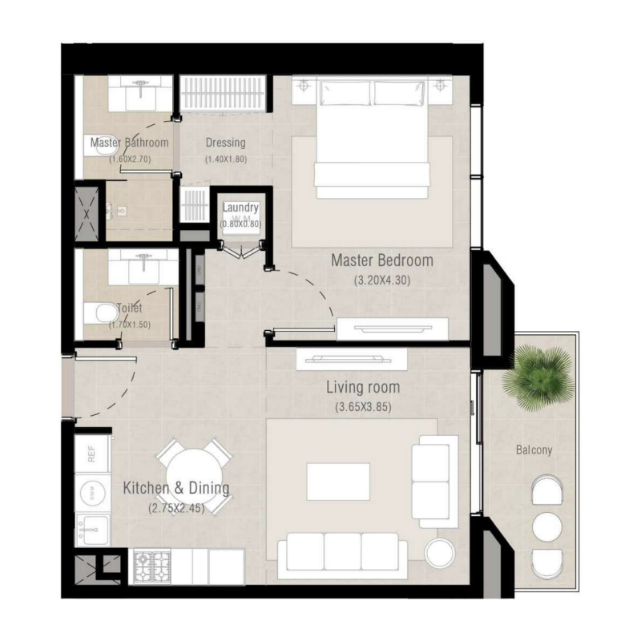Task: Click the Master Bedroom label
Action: tap(382, 260)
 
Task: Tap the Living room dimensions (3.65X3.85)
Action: tap(362, 406)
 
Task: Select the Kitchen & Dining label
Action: tap(176, 488)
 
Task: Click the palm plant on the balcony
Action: tap(542, 375)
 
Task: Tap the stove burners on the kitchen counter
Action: tap(151, 566)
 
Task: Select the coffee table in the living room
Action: tap(337, 482)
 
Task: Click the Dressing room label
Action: tap(225, 143)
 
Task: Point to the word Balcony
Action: tap(534, 450)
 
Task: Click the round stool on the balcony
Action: tap(548, 526)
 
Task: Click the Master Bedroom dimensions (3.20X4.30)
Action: tap(381, 280)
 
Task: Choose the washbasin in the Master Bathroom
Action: tap(140, 95)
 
